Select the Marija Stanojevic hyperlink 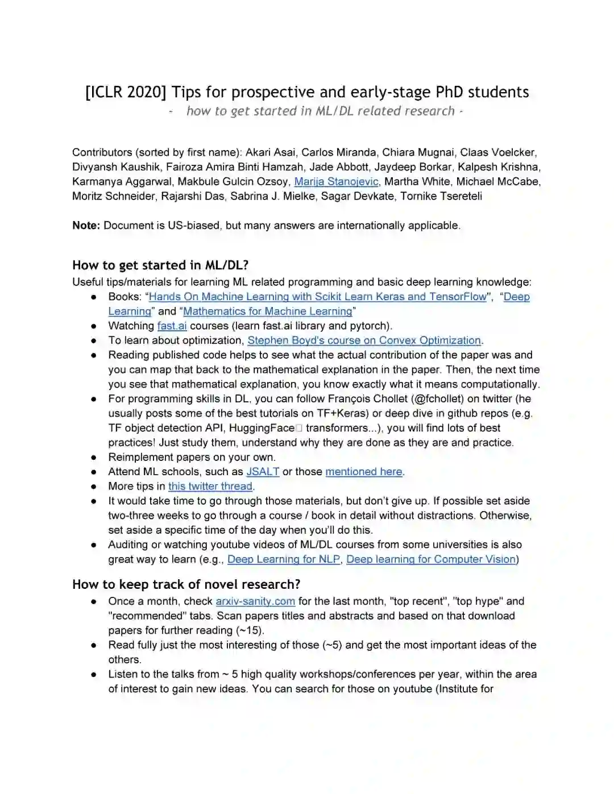336,181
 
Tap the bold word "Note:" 86,225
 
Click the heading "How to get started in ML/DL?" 160,265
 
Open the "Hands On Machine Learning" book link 318,297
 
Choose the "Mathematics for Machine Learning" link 268,311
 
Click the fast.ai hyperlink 172,326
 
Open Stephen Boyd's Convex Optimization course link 364,340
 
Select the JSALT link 263,472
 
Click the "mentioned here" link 364,472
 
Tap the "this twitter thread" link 210,487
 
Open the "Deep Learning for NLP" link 284,559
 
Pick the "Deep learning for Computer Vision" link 431,559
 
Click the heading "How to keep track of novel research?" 186,584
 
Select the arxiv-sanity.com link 255,601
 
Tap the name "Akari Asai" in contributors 270,152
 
